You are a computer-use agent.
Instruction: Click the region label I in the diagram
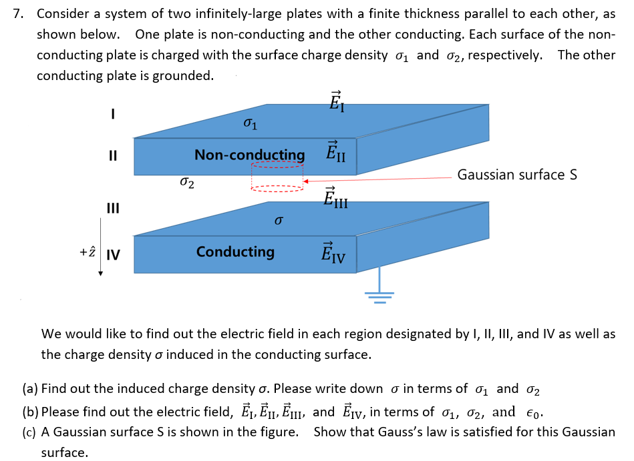[113, 115]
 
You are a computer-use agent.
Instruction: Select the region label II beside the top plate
[113, 157]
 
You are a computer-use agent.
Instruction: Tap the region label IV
[113, 254]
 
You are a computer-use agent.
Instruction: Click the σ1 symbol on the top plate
[249, 123]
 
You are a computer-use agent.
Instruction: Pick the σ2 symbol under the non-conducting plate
[187, 181]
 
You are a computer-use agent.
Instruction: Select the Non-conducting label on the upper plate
[249, 155]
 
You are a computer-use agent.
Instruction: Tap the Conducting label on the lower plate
[235, 252]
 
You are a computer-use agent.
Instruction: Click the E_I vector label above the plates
[337, 101]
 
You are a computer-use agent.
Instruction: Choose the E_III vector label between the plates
[335, 197]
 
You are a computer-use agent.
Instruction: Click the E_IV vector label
[334, 252]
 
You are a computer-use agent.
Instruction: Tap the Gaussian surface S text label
[517, 175]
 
